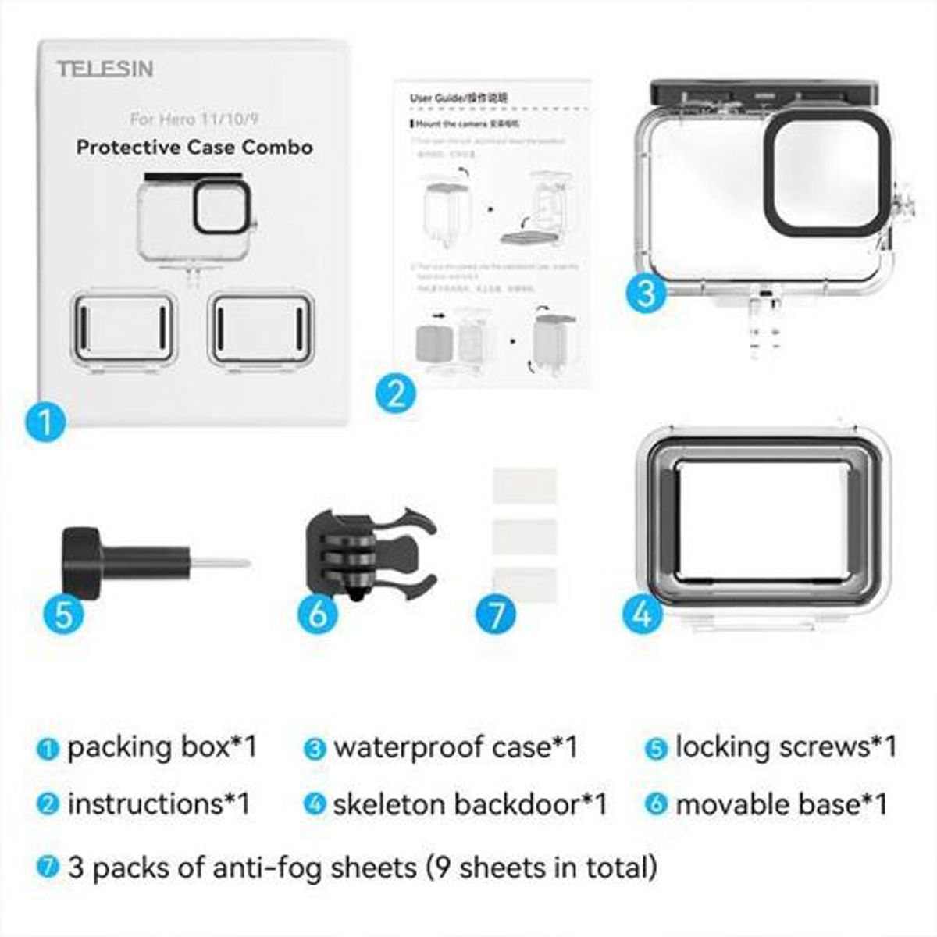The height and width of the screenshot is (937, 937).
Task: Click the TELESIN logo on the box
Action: tap(105, 69)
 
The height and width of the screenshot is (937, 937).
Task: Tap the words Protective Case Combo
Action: tap(194, 147)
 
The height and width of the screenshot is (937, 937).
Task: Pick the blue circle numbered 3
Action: tap(646, 294)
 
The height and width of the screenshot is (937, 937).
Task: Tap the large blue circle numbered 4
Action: tap(642, 613)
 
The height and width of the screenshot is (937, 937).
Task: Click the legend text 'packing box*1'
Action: tap(162, 747)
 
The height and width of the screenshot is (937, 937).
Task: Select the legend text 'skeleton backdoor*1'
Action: tap(469, 804)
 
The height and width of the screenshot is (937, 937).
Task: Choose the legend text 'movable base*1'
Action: tap(782, 804)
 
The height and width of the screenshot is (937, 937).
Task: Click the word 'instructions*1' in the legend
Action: tap(159, 804)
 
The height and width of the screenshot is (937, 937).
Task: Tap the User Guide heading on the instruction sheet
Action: tap(458, 98)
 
